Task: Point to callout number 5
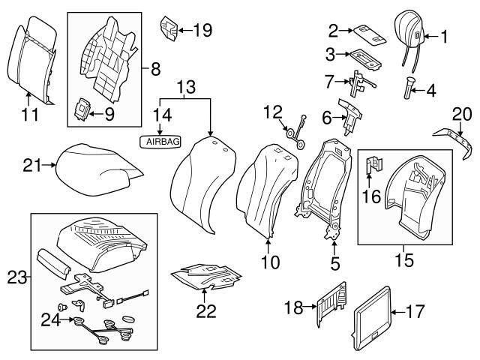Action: point(335,263)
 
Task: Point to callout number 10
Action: point(271,262)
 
